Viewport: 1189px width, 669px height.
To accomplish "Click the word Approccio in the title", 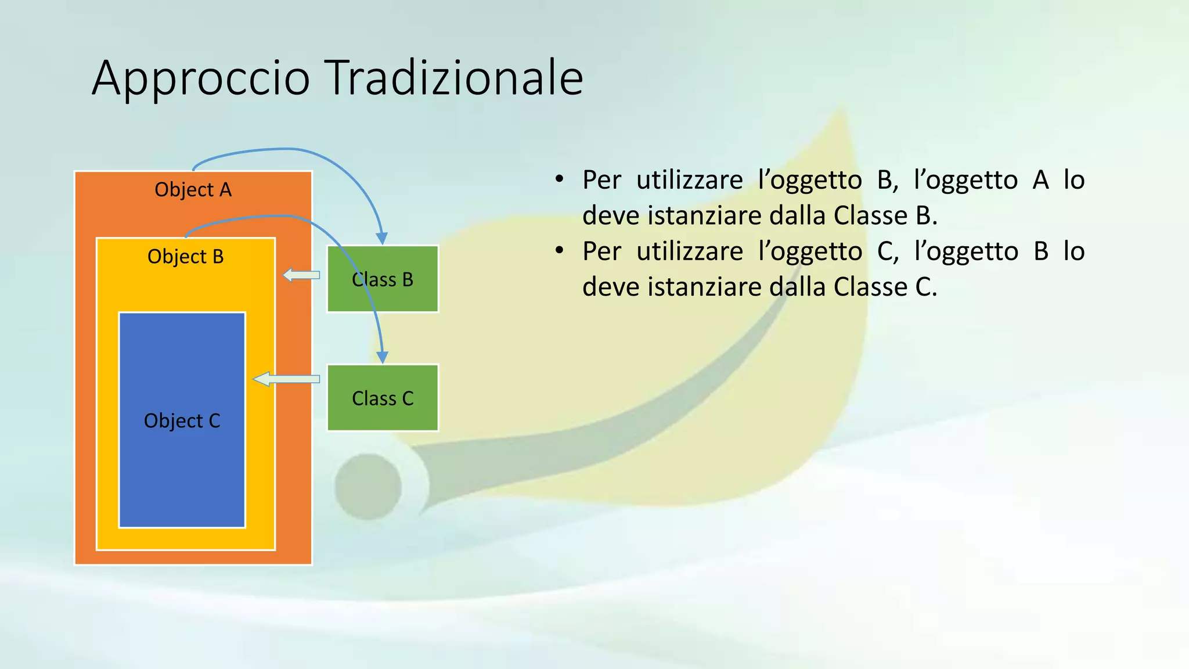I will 201,78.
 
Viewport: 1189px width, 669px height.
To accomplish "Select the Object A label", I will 193,190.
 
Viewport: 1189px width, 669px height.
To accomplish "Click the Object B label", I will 185,257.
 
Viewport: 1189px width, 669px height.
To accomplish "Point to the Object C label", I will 182,420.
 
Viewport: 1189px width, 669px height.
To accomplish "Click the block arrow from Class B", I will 301,275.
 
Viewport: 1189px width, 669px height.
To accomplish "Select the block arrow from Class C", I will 286,379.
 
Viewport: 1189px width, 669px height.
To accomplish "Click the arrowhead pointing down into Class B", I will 381,238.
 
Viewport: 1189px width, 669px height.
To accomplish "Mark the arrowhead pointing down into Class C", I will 382,357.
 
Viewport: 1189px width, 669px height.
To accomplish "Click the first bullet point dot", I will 559,179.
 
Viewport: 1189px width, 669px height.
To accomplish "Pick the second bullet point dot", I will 559,251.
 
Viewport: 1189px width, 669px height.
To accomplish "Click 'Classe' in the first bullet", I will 870,215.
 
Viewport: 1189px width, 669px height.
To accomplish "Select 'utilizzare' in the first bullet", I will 689,180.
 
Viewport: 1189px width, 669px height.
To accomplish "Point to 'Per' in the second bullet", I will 601,251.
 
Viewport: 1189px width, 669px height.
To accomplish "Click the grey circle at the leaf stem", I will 368,487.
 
